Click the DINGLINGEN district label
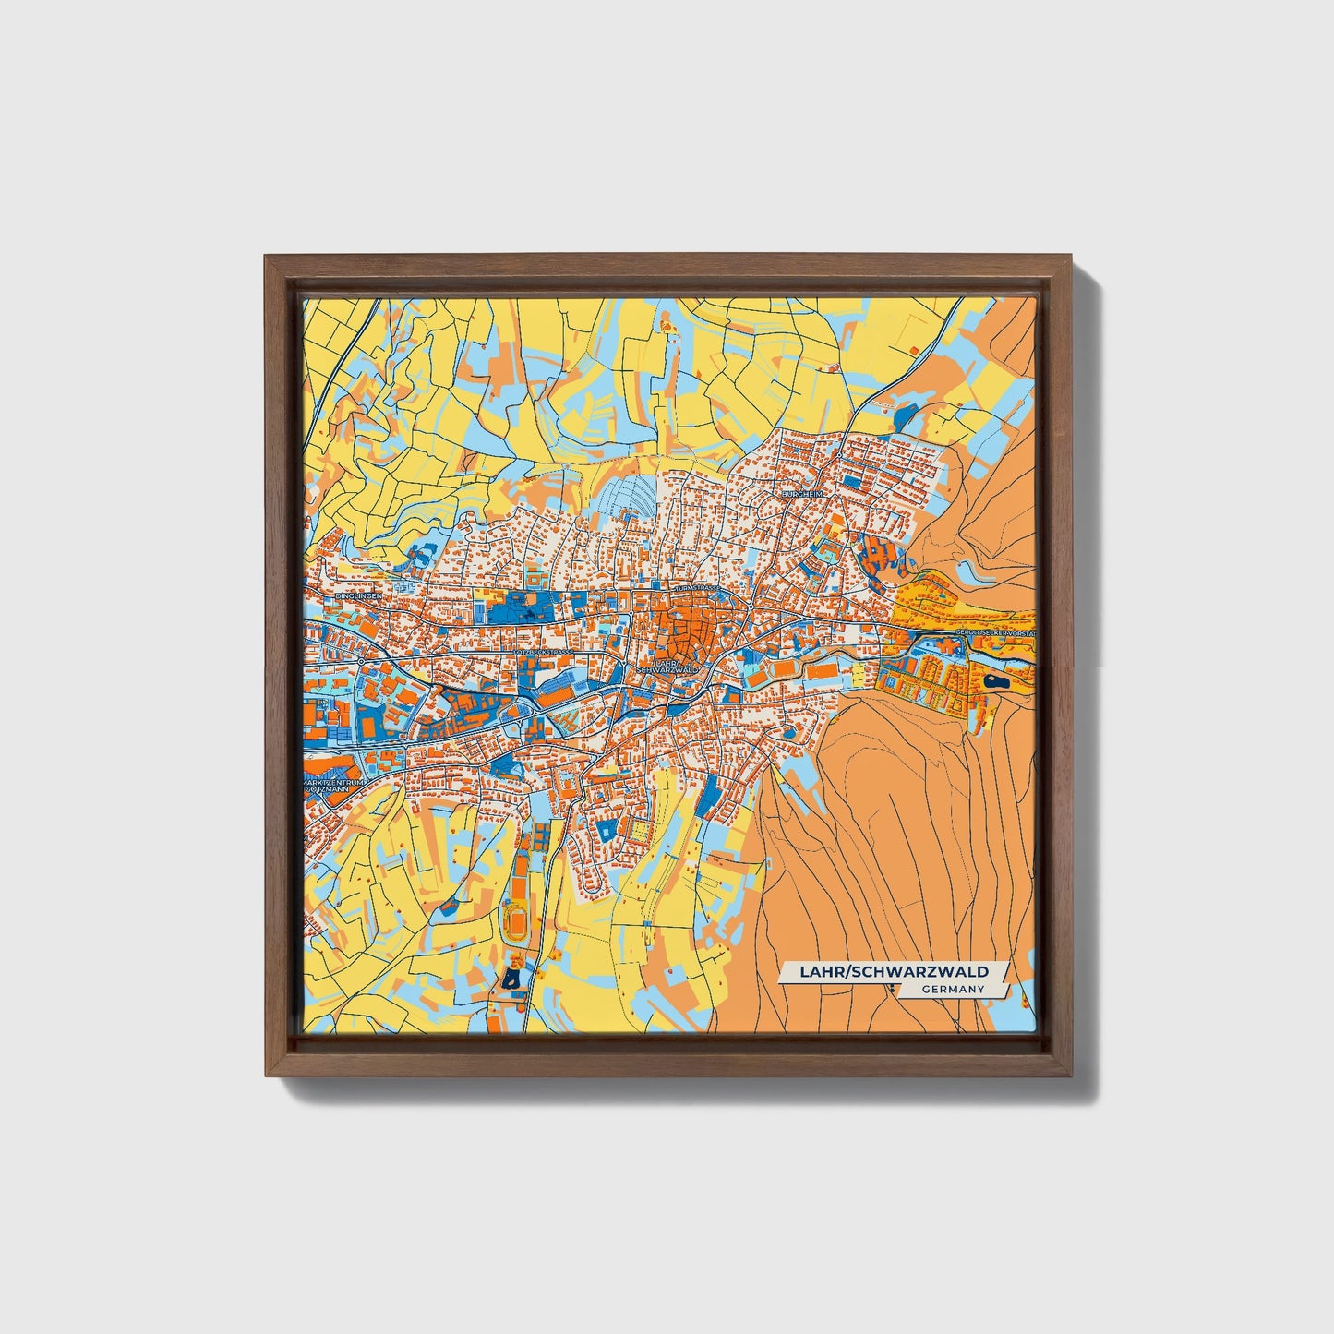[359, 596]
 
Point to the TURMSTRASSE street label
[697, 587]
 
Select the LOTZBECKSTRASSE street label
[546, 652]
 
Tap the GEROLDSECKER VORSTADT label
[996, 633]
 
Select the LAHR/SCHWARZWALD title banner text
[893, 971]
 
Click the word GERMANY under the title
[953, 990]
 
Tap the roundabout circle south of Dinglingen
[359, 661]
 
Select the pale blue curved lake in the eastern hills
[969, 572]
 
